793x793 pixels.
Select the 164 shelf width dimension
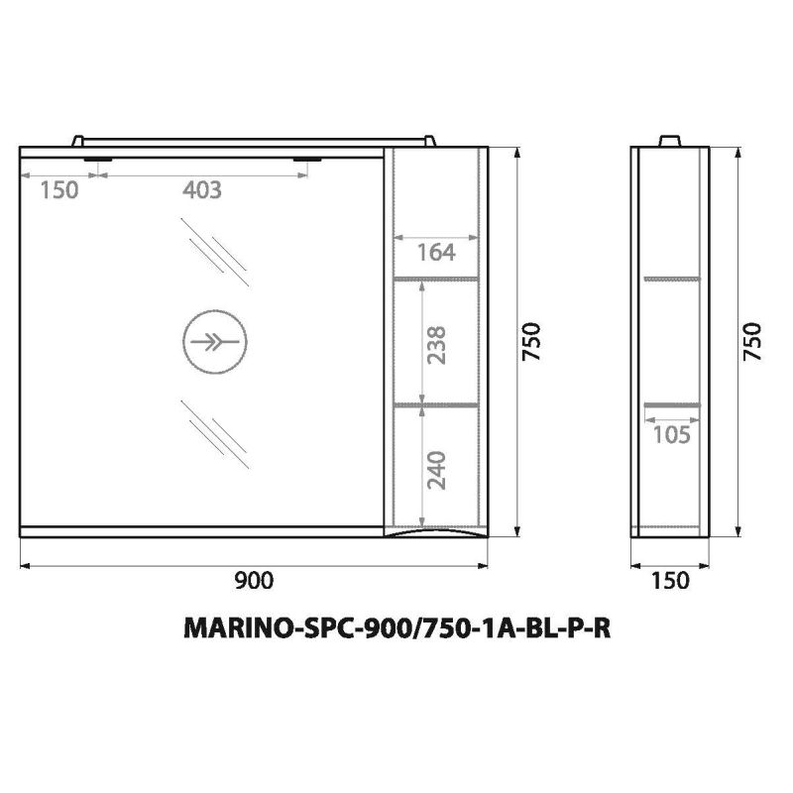click(x=435, y=253)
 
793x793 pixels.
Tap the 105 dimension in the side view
click(x=670, y=433)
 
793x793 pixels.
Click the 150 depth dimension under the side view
click(x=671, y=580)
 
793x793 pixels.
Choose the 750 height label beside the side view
click(x=752, y=342)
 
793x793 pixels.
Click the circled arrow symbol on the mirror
click(x=213, y=344)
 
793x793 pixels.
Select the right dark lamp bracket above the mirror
click(x=310, y=159)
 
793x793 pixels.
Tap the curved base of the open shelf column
click(x=436, y=534)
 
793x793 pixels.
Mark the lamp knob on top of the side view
click(x=670, y=141)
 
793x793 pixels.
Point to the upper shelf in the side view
click(x=671, y=279)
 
